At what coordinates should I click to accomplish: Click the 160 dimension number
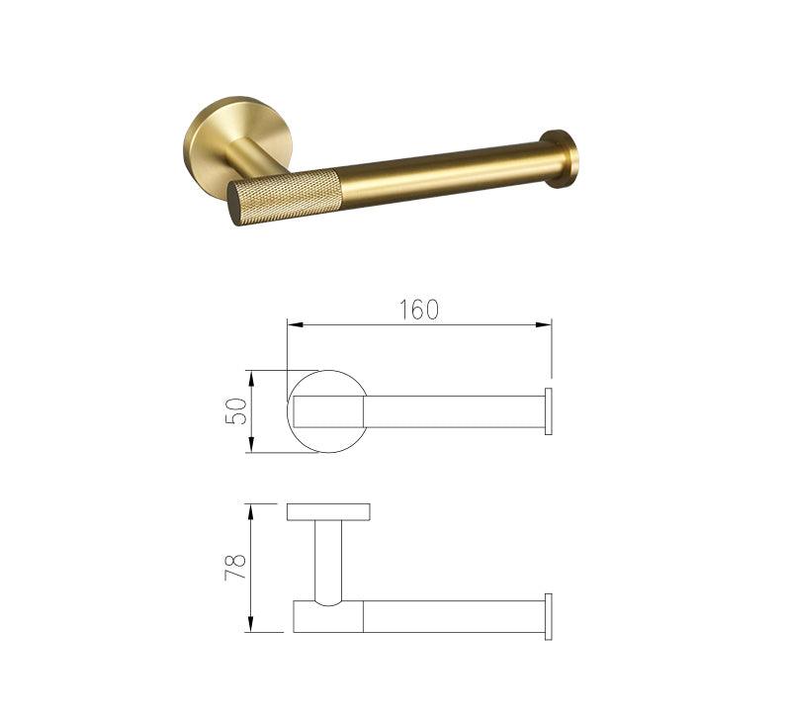pyautogui.click(x=418, y=310)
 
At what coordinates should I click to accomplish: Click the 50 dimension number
pyautogui.click(x=236, y=411)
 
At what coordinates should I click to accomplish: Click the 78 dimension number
pyautogui.click(x=235, y=567)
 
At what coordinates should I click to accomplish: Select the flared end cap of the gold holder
pyautogui.click(x=559, y=158)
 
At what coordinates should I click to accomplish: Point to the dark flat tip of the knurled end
pyautogui.click(x=236, y=204)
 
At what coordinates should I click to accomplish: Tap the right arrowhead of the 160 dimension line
pyautogui.click(x=544, y=325)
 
